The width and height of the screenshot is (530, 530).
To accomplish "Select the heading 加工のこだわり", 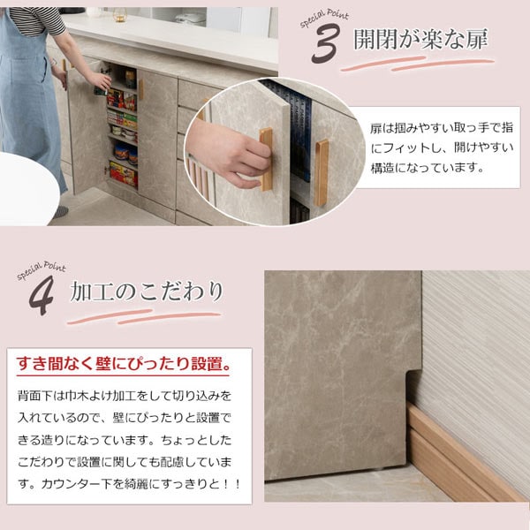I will (146, 291).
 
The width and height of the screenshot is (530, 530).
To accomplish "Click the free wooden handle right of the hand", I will (321, 172).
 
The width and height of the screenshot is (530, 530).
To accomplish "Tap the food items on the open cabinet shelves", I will (123, 132).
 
